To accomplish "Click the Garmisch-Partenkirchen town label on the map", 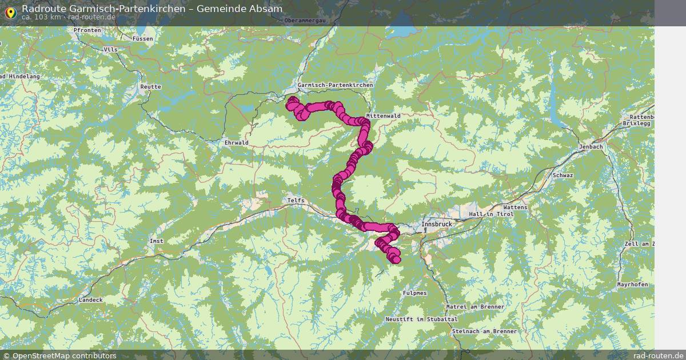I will pos(335,85).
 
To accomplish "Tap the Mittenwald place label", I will pos(384,115).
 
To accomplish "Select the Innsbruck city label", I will pos(436,225).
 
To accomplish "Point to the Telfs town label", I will pos(296,201).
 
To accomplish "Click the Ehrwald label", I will pos(237,142).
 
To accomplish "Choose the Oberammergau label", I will pos(309,20).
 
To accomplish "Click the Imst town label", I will pos(156,241).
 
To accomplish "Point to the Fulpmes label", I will pos(414,293).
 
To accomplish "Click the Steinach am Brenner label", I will pos(484,331).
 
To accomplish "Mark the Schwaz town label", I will pos(562,175).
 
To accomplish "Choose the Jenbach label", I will pos(591,147).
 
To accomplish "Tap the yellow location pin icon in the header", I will pos(10,12).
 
